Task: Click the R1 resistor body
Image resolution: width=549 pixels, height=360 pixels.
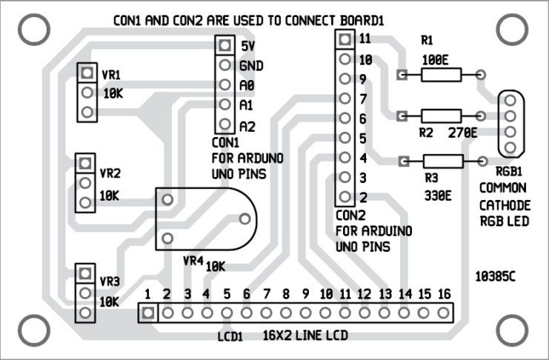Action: pos(442,74)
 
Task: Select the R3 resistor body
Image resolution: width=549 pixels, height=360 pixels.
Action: pos(442,161)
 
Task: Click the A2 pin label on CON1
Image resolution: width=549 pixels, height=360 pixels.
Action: pos(247,127)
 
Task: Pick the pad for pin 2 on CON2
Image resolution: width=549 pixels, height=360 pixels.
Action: pos(343,197)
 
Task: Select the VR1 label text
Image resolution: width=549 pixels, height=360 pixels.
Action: pos(110,76)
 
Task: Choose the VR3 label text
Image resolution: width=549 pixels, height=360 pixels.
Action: pos(110,282)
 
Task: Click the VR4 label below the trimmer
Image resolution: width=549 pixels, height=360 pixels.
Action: pos(192,261)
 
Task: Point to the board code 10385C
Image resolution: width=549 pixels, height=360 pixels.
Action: pos(495,277)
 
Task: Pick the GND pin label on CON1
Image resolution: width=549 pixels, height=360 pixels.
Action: pos(252,66)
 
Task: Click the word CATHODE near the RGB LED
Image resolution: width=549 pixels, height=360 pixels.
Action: pos(503,204)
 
